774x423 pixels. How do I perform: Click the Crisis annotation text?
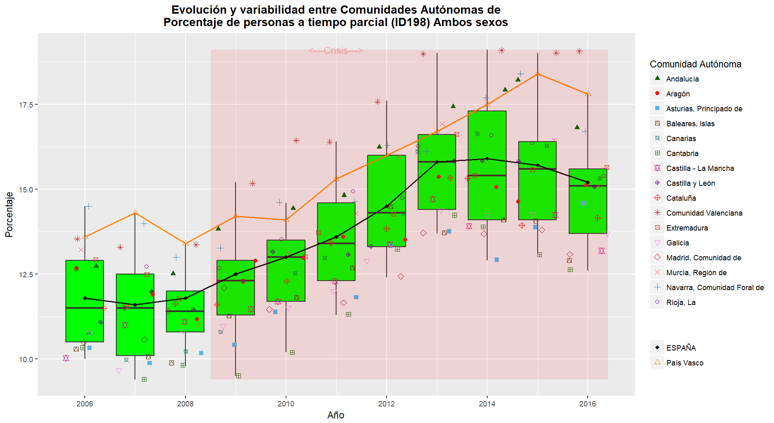point(336,50)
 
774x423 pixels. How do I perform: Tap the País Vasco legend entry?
point(685,363)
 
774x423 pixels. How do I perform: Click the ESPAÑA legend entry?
point(681,348)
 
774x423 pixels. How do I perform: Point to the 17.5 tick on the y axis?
point(25,105)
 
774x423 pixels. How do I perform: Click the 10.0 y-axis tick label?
point(25,359)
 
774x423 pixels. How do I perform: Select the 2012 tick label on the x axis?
point(387,404)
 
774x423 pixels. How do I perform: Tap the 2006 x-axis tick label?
point(85,404)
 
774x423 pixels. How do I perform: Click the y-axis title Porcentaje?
point(9,214)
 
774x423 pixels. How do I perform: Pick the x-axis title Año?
point(336,415)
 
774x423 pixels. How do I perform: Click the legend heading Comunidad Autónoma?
point(695,64)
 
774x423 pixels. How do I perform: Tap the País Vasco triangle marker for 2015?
point(538,74)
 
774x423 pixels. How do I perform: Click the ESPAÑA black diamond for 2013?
point(437,162)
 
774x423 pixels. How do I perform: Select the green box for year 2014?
point(487,165)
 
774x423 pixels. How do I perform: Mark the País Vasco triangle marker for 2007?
point(135,212)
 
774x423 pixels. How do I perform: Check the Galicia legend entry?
point(677,243)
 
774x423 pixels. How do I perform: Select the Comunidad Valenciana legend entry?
point(704,213)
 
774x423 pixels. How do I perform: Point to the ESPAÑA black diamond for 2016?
point(588,182)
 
